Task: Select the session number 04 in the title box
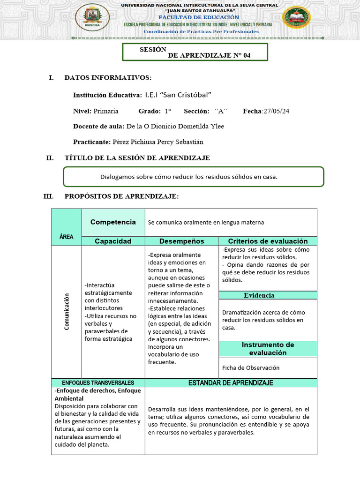(x=247, y=55)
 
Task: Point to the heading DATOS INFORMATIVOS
(x=108, y=77)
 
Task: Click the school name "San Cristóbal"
(x=182, y=95)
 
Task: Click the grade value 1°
(x=168, y=111)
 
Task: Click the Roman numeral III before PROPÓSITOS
(x=48, y=196)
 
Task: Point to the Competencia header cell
(x=113, y=222)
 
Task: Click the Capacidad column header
(x=113, y=241)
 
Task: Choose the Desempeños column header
(x=182, y=241)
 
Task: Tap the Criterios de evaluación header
(x=268, y=241)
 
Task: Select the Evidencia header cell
(x=259, y=295)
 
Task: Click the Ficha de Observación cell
(x=251, y=368)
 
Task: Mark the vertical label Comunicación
(x=67, y=311)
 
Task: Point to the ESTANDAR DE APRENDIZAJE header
(x=231, y=383)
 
